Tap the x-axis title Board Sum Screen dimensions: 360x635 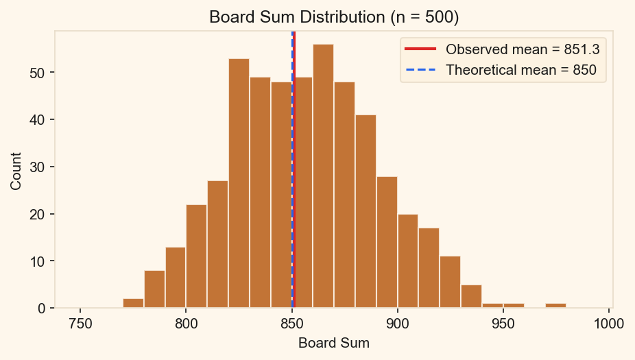pyautogui.click(x=333, y=343)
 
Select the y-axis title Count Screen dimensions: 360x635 pyautogui.click(x=16, y=171)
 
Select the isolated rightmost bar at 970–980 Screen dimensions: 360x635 pyautogui.click(x=555, y=306)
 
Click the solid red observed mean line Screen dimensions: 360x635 pyautogui.click(x=294, y=206)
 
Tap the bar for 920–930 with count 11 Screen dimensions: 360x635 pyautogui.click(x=450, y=282)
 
